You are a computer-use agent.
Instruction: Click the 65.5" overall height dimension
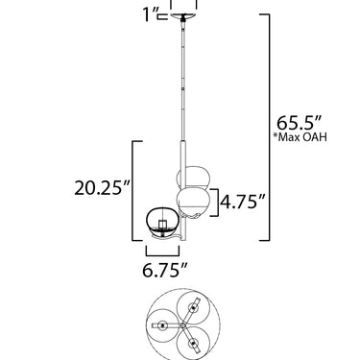299,122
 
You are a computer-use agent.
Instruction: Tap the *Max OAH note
300,137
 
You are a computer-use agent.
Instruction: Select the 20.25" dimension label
103,187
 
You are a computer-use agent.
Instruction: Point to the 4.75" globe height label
244,202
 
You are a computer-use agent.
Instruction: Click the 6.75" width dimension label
164,271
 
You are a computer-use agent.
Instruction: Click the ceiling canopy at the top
183,16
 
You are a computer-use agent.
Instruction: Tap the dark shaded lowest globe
162,222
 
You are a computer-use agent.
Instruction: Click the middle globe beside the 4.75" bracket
194,201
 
